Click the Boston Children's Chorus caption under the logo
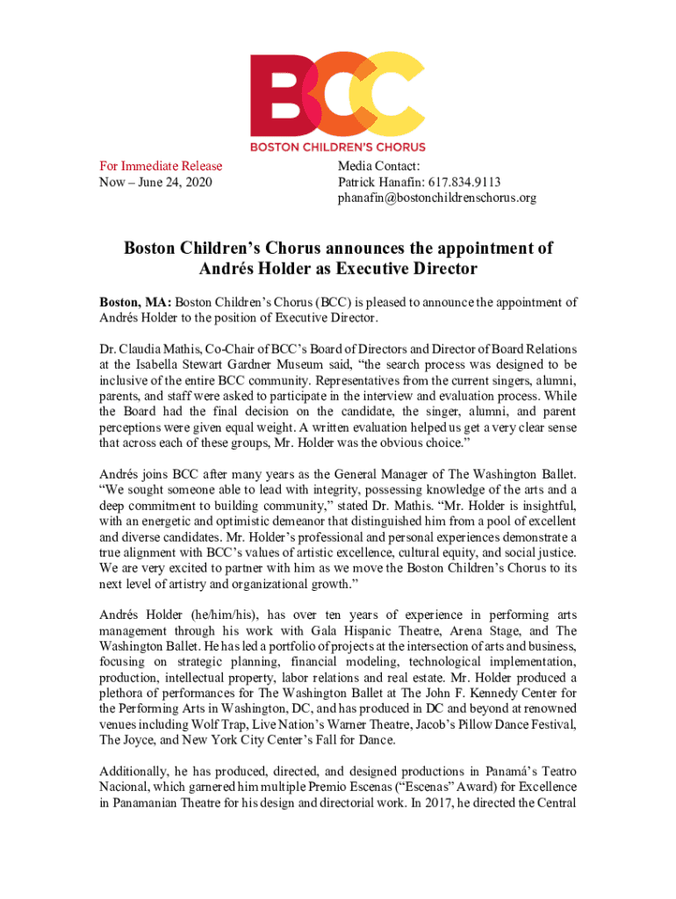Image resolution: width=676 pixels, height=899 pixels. [x=338, y=147]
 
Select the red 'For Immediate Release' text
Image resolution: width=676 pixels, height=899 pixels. [x=161, y=166]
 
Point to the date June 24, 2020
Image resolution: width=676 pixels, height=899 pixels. [x=183, y=182]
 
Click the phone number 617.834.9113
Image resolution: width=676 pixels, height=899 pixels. [x=465, y=182]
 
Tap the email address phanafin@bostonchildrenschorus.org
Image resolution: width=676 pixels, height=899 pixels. [x=436, y=198]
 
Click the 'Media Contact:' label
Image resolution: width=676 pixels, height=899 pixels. [x=379, y=166]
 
